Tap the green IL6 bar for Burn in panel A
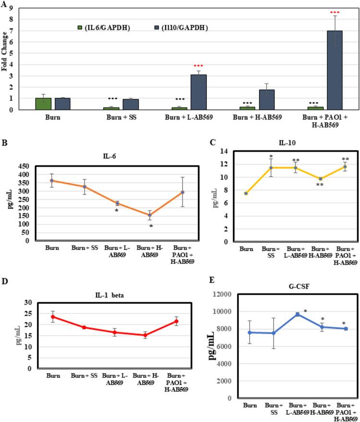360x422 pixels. point(44,104)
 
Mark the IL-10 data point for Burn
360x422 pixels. point(245,193)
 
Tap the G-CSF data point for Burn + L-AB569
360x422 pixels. point(298,328)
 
